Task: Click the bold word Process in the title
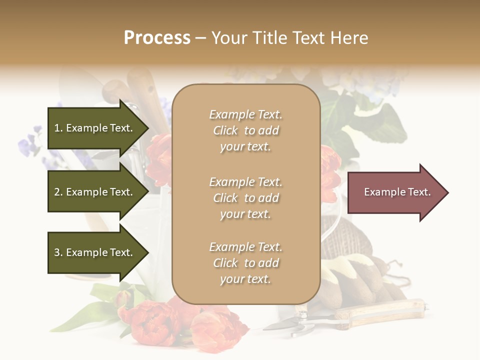[x=157, y=37]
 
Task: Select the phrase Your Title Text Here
[x=289, y=38]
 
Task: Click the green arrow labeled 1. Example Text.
[x=95, y=128]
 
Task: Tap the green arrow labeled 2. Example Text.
[x=95, y=192]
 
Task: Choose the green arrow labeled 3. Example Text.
[x=95, y=252]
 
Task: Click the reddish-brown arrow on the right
[x=395, y=192]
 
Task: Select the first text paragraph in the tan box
[x=245, y=130]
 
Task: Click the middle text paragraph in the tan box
[x=245, y=198]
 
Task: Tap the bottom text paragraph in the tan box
[x=245, y=263]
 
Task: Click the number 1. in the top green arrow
[x=58, y=128]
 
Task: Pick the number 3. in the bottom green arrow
[x=58, y=252]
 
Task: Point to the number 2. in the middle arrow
[x=58, y=192]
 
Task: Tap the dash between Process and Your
[x=200, y=38]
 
